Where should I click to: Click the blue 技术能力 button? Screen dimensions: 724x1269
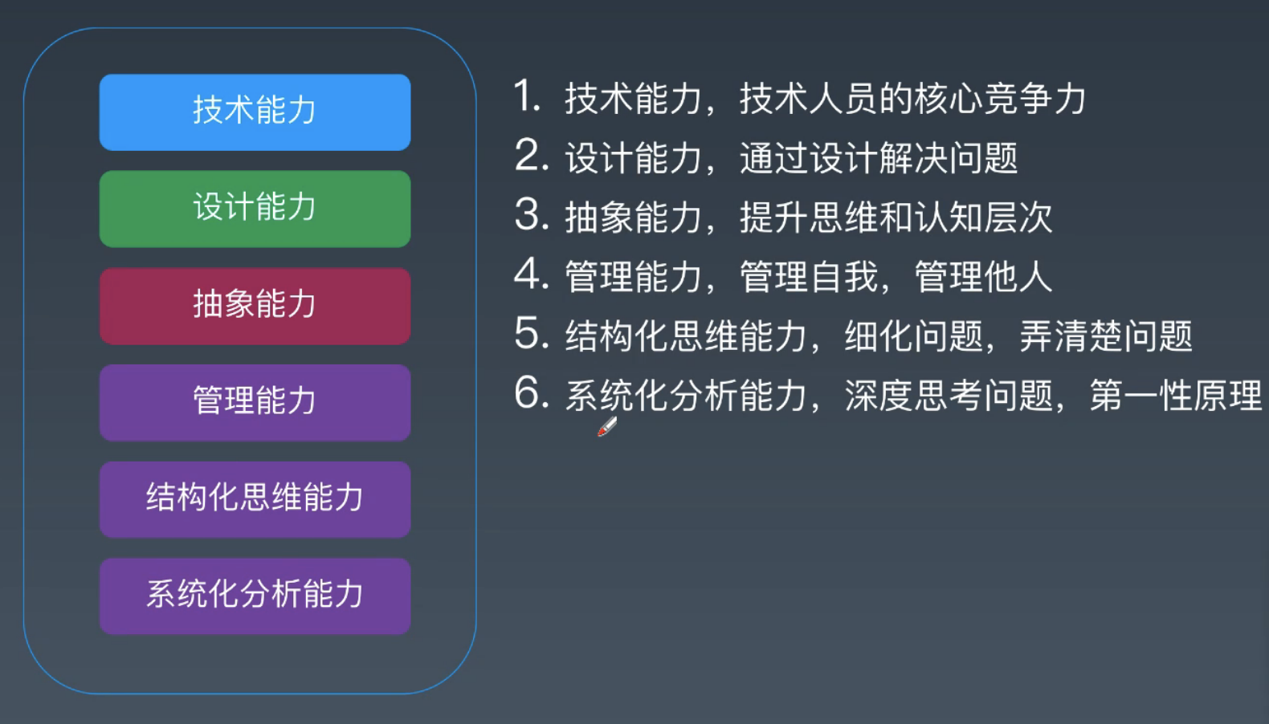[255, 112]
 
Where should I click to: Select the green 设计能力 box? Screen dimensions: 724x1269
[255, 209]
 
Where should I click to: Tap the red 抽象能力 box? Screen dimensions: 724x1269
[255, 306]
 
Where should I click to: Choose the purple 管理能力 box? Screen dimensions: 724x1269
[255, 402]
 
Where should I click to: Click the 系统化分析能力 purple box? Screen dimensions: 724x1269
[255, 596]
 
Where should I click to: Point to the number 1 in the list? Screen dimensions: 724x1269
[527, 96]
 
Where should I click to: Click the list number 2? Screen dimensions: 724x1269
[531, 156]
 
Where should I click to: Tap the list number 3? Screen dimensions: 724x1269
[531, 215]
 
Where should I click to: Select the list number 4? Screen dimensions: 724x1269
[531, 275]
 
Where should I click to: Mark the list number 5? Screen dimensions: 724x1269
[531, 334]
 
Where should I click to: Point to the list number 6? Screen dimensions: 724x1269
[531, 393]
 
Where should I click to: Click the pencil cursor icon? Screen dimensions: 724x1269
[607, 426]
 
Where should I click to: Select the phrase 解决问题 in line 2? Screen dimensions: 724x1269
[948, 158]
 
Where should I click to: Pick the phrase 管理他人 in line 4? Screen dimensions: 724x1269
[983, 277]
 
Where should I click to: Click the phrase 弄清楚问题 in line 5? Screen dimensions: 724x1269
[1106, 336]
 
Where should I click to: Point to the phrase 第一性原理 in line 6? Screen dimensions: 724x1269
[1176, 396]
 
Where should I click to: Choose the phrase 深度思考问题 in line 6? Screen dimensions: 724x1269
[949, 396]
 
